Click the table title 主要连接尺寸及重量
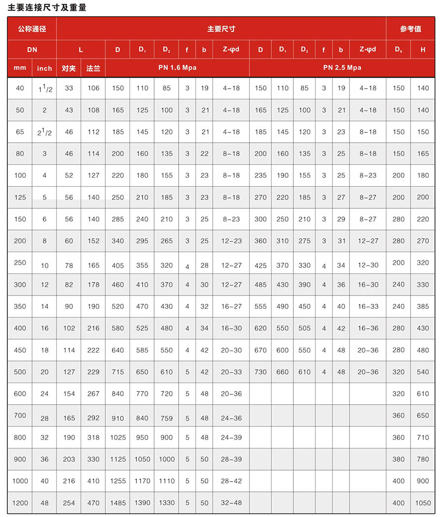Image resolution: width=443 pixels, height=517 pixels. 47,8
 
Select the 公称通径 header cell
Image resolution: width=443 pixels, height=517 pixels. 32,29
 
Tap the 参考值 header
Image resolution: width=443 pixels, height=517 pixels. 411,29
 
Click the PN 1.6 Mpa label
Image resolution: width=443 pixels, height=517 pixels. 177,67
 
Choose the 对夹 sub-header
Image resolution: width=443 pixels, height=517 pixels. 69,68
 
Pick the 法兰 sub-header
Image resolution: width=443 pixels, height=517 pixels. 93,68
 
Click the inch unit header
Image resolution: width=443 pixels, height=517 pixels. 44,68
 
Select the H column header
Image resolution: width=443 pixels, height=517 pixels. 423,49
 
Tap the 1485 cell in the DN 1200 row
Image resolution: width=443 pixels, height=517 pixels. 118,503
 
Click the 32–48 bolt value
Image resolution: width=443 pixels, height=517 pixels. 231,503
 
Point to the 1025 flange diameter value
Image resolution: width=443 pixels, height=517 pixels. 118,437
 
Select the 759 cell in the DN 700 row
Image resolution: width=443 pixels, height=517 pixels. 167,418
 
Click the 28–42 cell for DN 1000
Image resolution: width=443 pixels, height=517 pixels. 231,481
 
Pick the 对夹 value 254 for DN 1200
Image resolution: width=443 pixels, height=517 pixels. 69,503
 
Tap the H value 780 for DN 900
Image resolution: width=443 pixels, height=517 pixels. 423,459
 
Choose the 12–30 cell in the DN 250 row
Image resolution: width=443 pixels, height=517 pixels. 368,265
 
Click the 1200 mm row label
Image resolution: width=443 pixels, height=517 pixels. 20,503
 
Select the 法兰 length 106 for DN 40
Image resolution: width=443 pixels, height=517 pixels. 93,88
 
